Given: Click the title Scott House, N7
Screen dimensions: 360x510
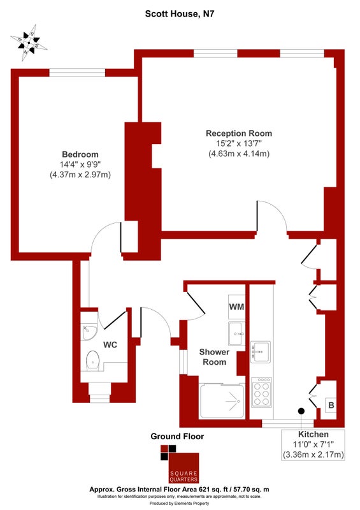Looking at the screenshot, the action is pyautogui.click(x=180, y=13).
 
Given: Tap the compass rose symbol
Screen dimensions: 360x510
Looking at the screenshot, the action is pyautogui.click(x=29, y=43).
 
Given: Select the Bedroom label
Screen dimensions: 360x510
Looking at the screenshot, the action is pyautogui.click(x=80, y=154).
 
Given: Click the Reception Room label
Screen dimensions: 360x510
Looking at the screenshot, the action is pyautogui.click(x=239, y=133).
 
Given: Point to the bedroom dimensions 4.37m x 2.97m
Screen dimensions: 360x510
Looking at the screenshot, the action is pyautogui.click(x=80, y=175).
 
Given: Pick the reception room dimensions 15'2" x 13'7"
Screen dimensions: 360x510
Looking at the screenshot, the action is pyautogui.click(x=239, y=143).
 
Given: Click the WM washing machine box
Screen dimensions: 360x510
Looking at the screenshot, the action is pyautogui.click(x=236, y=307).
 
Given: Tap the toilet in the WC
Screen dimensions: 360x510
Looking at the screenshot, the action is pyautogui.click(x=93, y=360).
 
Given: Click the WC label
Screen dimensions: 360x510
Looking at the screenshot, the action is pyautogui.click(x=110, y=345).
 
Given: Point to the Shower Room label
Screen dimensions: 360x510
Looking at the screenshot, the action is pyautogui.click(x=214, y=357).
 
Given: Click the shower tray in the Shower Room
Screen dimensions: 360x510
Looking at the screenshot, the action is pyautogui.click(x=222, y=401).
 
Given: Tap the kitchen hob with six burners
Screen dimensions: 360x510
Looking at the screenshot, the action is pyautogui.click(x=261, y=392).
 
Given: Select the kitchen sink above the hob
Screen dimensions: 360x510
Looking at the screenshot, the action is pyautogui.click(x=261, y=352).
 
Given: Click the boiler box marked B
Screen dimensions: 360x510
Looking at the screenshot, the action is pyautogui.click(x=331, y=405).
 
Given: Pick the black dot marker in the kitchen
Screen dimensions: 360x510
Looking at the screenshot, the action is pyautogui.click(x=301, y=411).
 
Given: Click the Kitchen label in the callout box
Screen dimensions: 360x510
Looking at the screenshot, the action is pyautogui.click(x=313, y=434).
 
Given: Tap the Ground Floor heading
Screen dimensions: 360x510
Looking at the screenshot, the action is pyautogui.click(x=177, y=437).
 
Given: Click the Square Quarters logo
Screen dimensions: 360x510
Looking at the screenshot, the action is pyautogui.click(x=180, y=464).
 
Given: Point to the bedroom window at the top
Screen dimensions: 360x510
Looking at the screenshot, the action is pyautogui.click(x=77, y=73).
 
